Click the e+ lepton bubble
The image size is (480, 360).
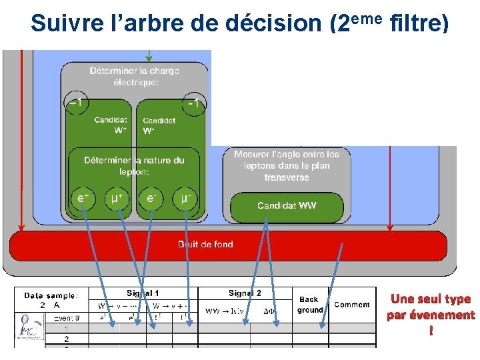coord(83,198)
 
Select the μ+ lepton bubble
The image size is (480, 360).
coord(118,198)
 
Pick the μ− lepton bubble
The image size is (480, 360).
coord(186,198)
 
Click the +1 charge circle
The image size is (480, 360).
coord(76,103)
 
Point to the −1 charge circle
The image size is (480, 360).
coord(194,103)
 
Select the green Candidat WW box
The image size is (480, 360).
coord(287,206)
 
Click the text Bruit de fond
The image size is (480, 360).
coord(205,245)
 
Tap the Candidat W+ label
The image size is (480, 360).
coord(111,125)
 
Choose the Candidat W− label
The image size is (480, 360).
coord(159,125)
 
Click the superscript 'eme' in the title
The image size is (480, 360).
coord(366,17)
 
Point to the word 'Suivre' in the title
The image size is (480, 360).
coord(63,24)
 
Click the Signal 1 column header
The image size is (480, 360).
coord(143,293)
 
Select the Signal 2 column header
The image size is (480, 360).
coord(245,293)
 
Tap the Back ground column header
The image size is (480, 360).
coord(309,305)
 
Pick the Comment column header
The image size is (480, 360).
coord(351,305)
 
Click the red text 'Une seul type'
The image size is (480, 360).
coord(431,299)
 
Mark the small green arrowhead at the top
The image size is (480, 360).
coord(149,57)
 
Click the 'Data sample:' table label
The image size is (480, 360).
coord(51,295)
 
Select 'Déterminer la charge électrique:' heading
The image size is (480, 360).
coord(135,76)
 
